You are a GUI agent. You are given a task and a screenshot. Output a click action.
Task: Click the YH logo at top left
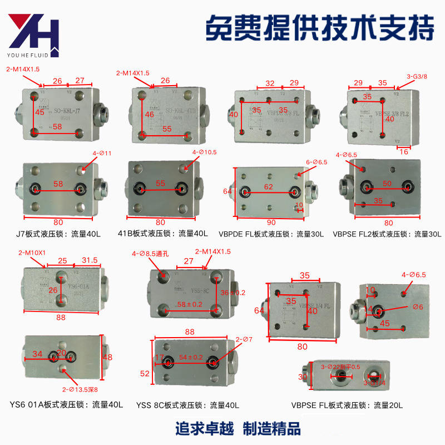click(x=32, y=35)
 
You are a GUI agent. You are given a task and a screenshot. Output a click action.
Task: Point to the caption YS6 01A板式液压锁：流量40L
click(x=66, y=404)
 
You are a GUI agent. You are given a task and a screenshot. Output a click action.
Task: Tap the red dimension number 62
click(x=269, y=187)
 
